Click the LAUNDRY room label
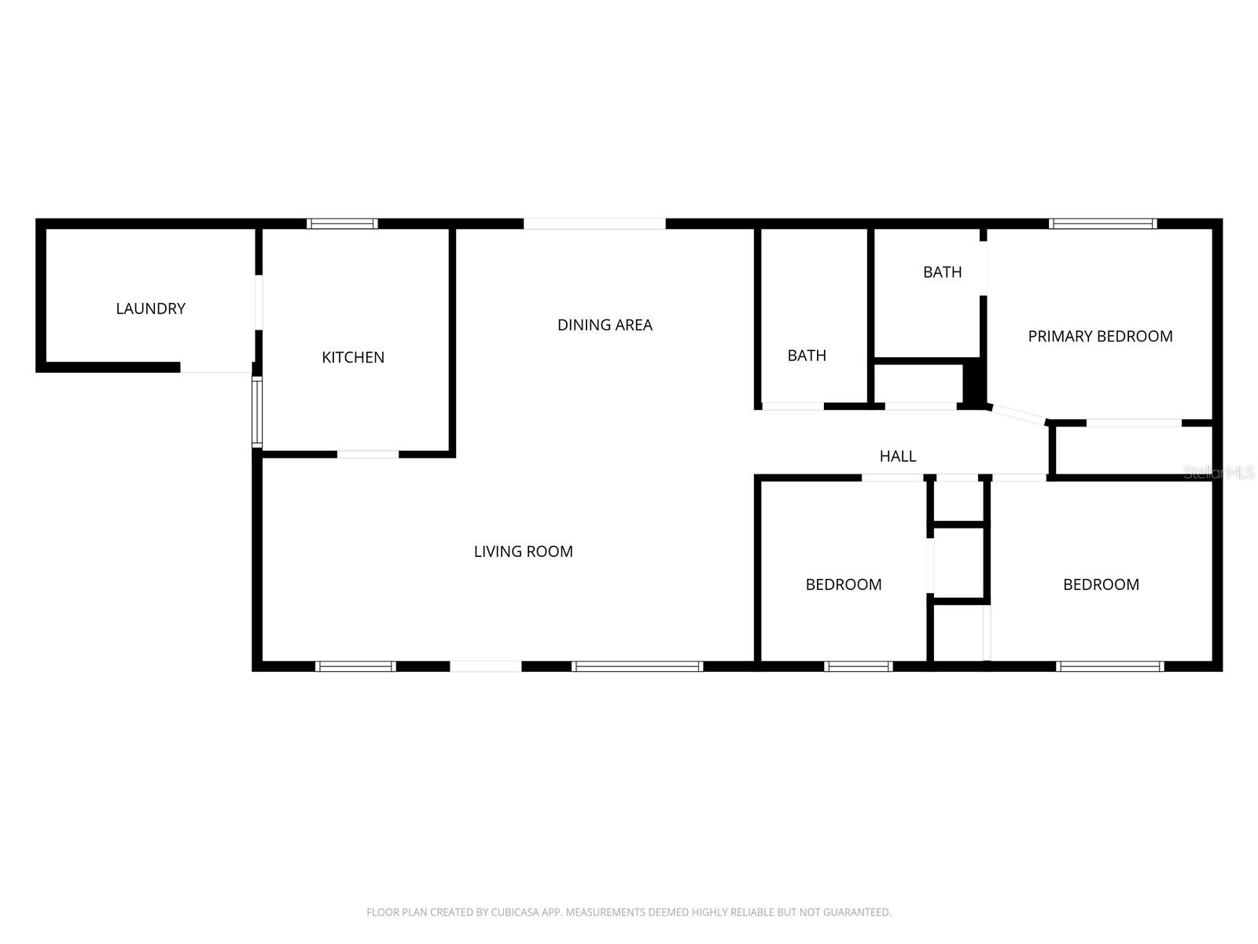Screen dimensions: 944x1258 (x=150, y=308)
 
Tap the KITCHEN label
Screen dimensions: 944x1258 (x=353, y=357)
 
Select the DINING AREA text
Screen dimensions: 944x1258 (x=605, y=325)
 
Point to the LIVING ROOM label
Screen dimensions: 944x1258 (x=523, y=551)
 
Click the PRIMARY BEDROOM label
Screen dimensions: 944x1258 (x=1100, y=336)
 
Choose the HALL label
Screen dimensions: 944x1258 (x=897, y=456)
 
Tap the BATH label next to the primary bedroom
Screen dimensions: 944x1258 (x=942, y=272)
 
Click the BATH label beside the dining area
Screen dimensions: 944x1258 (x=807, y=356)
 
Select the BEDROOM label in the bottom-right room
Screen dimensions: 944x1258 (x=1101, y=584)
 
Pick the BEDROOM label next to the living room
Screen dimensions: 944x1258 (x=843, y=584)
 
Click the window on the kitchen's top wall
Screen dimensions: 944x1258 (x=342, y=223)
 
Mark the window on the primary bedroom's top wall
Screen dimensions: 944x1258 (x=1102, y=223)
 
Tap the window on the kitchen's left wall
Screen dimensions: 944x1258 (x=256, y=413)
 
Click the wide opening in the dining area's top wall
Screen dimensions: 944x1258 (x=594, y=223)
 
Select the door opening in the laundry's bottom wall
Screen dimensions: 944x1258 (x=215, y=368)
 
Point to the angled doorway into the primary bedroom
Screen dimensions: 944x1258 (x=1018, y=414)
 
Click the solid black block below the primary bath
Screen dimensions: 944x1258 (x=973, y=382)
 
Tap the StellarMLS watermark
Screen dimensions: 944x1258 (x=1219, y=472)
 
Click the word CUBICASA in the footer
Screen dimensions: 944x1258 (x=515, y=913)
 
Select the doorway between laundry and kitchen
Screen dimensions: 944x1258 (x=258, y=302)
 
